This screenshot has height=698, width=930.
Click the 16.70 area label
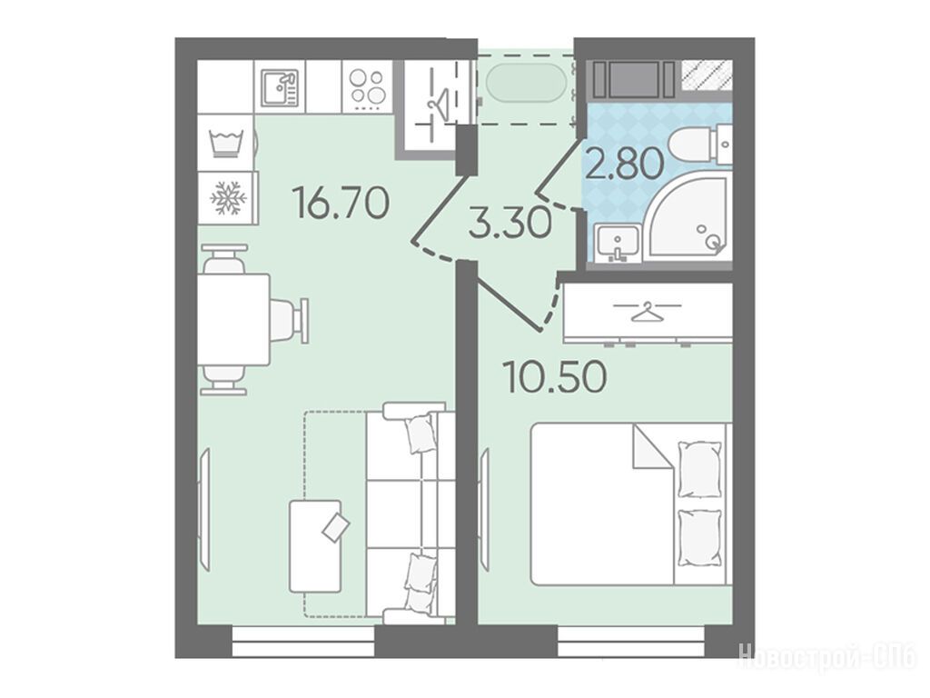point(341,203)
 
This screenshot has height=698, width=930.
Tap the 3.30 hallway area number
point(510,224)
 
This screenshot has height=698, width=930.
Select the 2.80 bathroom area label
point(624,164)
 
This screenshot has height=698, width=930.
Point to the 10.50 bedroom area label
point(555,376)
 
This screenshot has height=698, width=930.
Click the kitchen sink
point(280,86)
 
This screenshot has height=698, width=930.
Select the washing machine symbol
point(226,143)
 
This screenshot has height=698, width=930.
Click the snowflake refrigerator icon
point(228,198)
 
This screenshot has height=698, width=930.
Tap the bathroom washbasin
point(618,243)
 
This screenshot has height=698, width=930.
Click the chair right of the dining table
point(290,321)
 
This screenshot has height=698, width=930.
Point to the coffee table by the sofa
point(315,546)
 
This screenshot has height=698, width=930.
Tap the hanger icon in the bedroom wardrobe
point(646,311)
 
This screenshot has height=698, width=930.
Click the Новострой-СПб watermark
point(826,657)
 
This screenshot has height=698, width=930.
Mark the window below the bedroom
point(632,643)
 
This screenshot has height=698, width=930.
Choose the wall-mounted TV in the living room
point(204,509)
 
